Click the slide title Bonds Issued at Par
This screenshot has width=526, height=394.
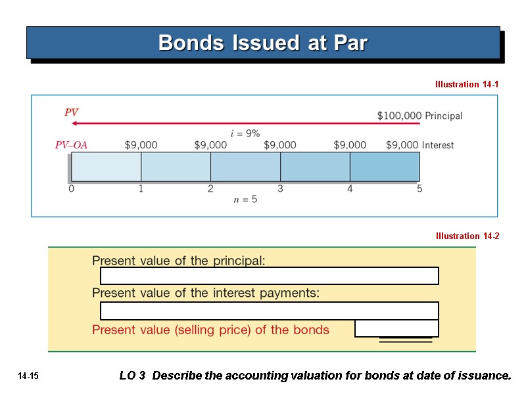262,43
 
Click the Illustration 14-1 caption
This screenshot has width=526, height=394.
467,85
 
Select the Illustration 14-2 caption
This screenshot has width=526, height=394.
467,236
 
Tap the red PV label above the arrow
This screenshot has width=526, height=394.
71,113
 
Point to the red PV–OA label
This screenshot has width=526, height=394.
71,145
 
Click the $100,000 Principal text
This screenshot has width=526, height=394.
419,116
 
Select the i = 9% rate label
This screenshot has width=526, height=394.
245,133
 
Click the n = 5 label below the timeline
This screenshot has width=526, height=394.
245,200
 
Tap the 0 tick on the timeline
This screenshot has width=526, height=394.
72,189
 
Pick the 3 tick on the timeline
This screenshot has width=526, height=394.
280,189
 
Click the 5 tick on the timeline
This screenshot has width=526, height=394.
419,189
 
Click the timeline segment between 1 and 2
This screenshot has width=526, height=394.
176,167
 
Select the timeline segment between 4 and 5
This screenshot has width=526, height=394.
385,167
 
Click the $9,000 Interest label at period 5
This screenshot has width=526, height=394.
419,145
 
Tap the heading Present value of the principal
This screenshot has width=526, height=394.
179,261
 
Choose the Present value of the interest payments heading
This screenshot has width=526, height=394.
206,293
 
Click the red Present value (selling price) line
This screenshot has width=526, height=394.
210,330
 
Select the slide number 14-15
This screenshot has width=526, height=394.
29,376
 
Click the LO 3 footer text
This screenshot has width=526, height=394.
315,376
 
